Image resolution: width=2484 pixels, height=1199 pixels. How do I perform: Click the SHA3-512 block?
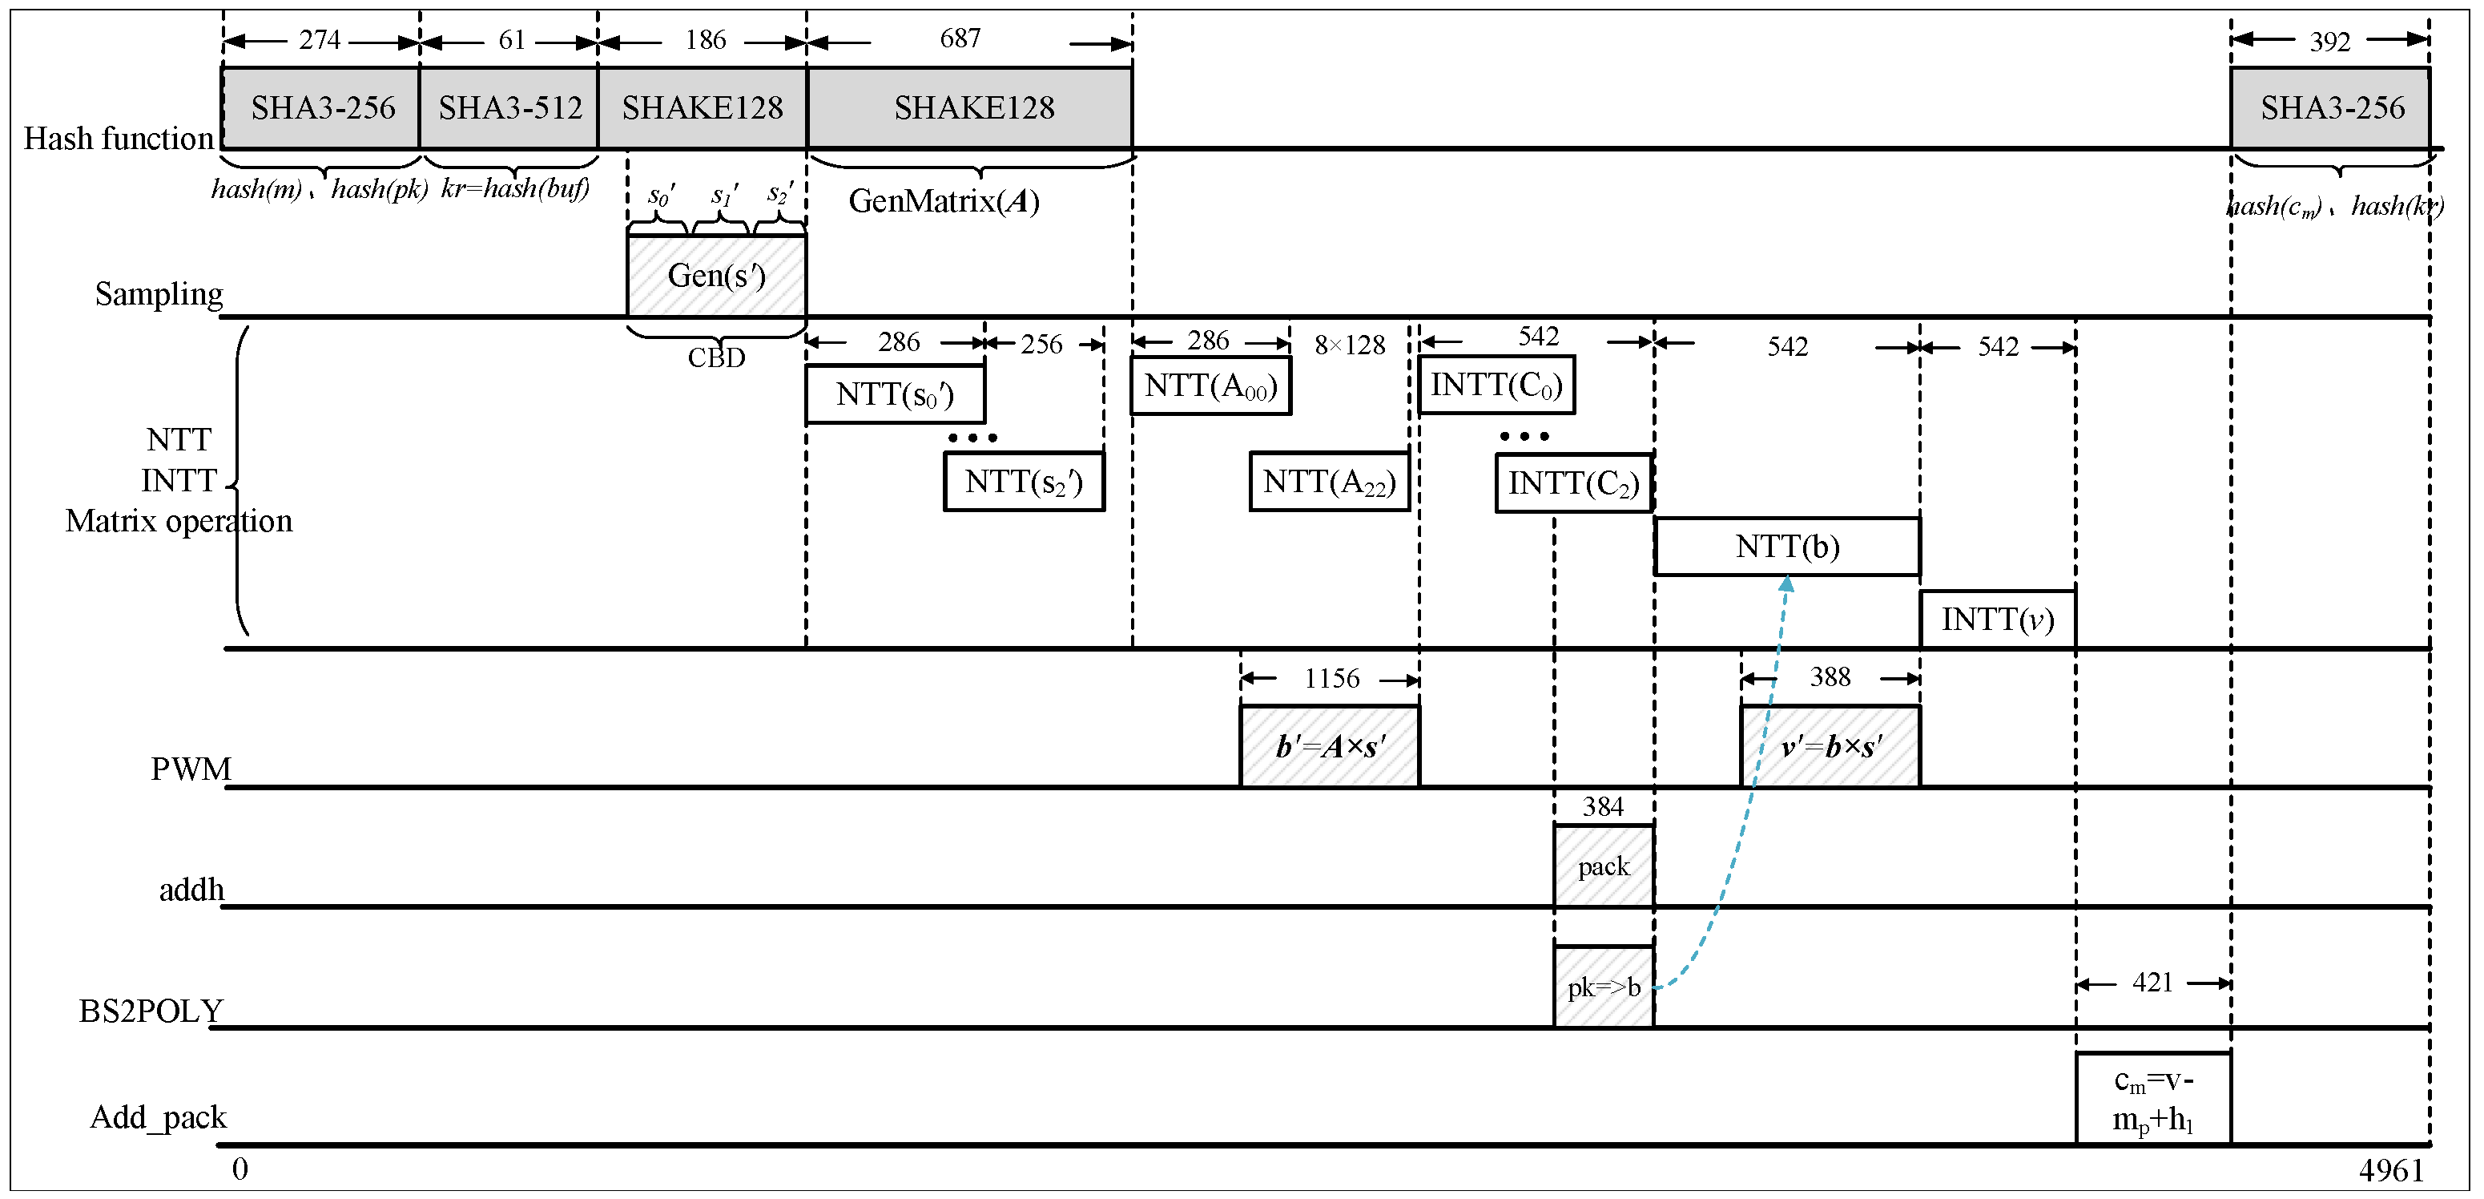click(x=509, y=108)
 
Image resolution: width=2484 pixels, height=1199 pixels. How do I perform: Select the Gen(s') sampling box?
click(x=716, y=276)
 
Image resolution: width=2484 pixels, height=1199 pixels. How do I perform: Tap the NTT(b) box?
click(x=1787, y=547)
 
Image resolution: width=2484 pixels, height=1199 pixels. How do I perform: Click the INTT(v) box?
click(x=1997, y=620)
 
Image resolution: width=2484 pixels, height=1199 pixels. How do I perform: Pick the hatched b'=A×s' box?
click(x=1329, y=747)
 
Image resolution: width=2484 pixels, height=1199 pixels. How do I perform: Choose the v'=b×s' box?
click(x=1830, y=747)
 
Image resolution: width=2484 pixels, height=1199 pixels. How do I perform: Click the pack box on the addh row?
click(x=1604, y=866)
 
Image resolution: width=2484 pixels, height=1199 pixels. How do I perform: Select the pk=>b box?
click(x=1604, y=987)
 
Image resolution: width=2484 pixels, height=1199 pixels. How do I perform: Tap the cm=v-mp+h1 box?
click(x=2152, y=1100)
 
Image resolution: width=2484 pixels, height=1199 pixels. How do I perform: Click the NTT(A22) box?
click(x=1329, y=482)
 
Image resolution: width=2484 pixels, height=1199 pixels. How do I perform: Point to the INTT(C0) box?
click(x=1496, y=385)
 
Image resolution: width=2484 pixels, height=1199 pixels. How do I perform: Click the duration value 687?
click(x=960, y=38)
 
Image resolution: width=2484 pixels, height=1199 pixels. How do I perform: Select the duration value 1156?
click(x=1331, y=678)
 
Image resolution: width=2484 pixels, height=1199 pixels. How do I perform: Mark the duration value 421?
click(x=2152, y=982)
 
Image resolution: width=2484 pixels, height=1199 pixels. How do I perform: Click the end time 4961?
click(x=2390, y=1170)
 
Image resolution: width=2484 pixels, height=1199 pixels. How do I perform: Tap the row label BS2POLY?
click(x=151, y=1011)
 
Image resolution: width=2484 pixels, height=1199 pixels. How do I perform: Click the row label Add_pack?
click(x=158, y=1117)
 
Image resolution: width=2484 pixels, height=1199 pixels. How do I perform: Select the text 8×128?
click(x=1349, y=345)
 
